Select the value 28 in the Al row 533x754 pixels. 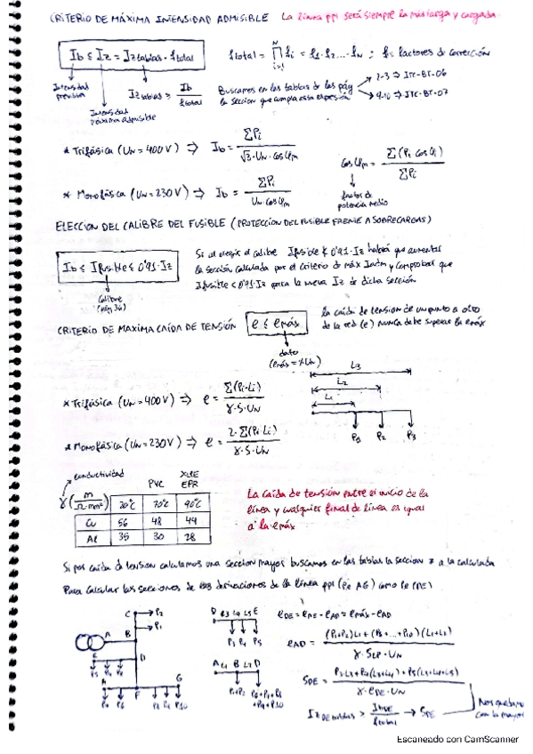(x=190, y=537)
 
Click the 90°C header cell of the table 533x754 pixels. (x=190, y=504)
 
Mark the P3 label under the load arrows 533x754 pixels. (x=410, y=437)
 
